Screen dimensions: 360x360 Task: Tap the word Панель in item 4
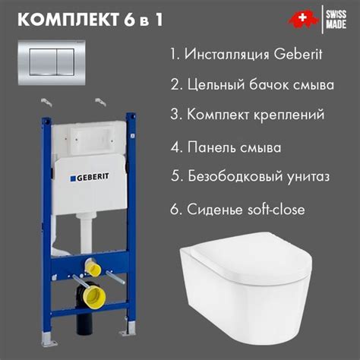(216, 147)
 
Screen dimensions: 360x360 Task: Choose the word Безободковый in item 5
(231, 177)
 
